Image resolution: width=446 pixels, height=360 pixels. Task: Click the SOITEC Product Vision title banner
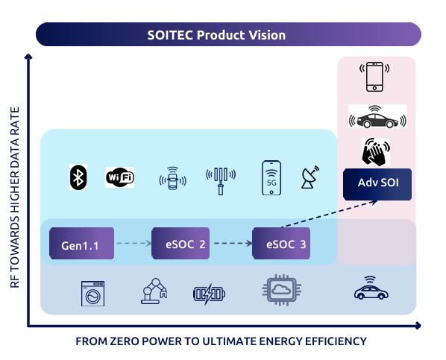click(x=228, y=34)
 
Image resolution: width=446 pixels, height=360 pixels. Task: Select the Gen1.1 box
click(x=81, y=244)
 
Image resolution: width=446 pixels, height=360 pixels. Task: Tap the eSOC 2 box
click(x=180, y=244)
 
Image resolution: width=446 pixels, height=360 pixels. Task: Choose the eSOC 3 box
click(x=281, y=244)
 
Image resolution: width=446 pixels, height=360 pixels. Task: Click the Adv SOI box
click(x=377, y=184)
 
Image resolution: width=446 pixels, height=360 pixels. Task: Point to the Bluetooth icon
click(x=78, y=177)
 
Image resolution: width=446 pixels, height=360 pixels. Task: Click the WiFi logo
click(x=120, y=177)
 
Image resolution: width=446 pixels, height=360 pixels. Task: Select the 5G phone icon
click(x=271, y=178)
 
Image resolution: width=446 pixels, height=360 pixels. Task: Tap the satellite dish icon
click(x=310, y=177)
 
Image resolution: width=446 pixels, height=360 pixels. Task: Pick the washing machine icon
click(x=92, y=294)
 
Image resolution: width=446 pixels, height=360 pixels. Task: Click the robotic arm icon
click(x=154, y=291)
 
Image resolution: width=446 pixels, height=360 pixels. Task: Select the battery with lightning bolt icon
click(x=210, y=294)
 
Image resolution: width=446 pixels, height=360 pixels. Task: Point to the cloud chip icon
click(x=282, y=290)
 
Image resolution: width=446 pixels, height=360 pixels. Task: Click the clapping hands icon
click(x=376, y=152)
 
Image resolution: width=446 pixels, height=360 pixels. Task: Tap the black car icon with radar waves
click(x=377, y=116)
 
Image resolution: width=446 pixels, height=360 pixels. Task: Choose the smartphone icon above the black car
click(x=374, y=77)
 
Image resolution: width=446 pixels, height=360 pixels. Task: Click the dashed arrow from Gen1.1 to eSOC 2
click(x=134, y=243)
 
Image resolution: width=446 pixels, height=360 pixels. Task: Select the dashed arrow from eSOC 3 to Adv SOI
click(x=330, y=214)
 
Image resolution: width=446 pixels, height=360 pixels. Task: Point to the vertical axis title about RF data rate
click(x=14, y=198)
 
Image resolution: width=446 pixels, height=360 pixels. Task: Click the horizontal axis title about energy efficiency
click(x=221, y=341)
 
